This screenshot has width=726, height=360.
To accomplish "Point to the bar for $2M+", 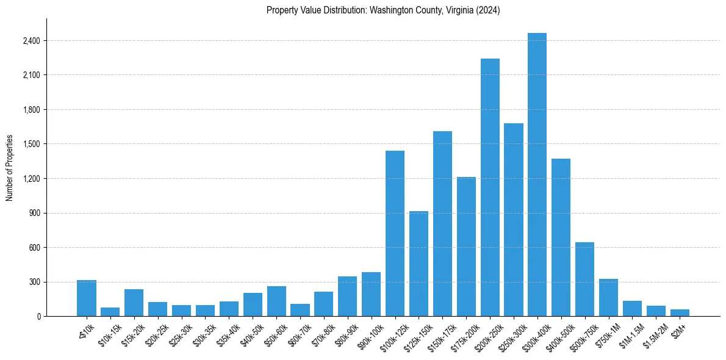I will click(680, 313).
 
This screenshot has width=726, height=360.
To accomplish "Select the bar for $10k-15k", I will click(110, 312).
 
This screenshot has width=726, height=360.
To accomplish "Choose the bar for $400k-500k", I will click(561, 237).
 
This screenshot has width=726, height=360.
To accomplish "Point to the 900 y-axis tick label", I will click(34, 213).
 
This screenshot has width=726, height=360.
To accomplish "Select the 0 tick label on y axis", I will click(38, 317).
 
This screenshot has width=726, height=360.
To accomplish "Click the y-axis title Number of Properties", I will click(10, 167).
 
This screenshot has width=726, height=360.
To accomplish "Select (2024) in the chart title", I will click(488, 10).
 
